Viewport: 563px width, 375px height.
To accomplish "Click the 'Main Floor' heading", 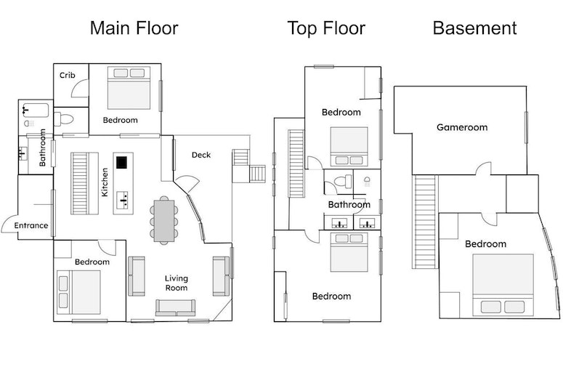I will (x=134, y=28).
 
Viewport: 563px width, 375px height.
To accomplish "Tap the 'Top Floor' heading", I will (x=325, y=28).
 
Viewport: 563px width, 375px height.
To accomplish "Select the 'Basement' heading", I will (x=474, y=28).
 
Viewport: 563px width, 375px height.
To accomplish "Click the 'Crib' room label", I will (x=68, y=75).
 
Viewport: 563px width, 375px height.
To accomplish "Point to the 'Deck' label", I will (x=201, y=155).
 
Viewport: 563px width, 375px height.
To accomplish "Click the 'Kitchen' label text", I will (x=105, y=182).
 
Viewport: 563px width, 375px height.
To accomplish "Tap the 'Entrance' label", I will (x=31, y=225).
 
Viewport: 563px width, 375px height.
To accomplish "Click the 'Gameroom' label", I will (x=461, y=127).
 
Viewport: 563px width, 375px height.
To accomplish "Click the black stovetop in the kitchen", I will (x=121, y=162).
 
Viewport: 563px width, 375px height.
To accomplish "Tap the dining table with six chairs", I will (x=164, y=219).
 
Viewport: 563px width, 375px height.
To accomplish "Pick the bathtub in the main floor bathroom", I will (x=36, y=113).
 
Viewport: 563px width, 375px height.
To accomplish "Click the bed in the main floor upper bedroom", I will (x=129, y=88).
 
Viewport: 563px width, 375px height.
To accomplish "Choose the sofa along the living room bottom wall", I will (x=175, y=307).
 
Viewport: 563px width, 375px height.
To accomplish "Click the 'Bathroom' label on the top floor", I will (x=349, y=205).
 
